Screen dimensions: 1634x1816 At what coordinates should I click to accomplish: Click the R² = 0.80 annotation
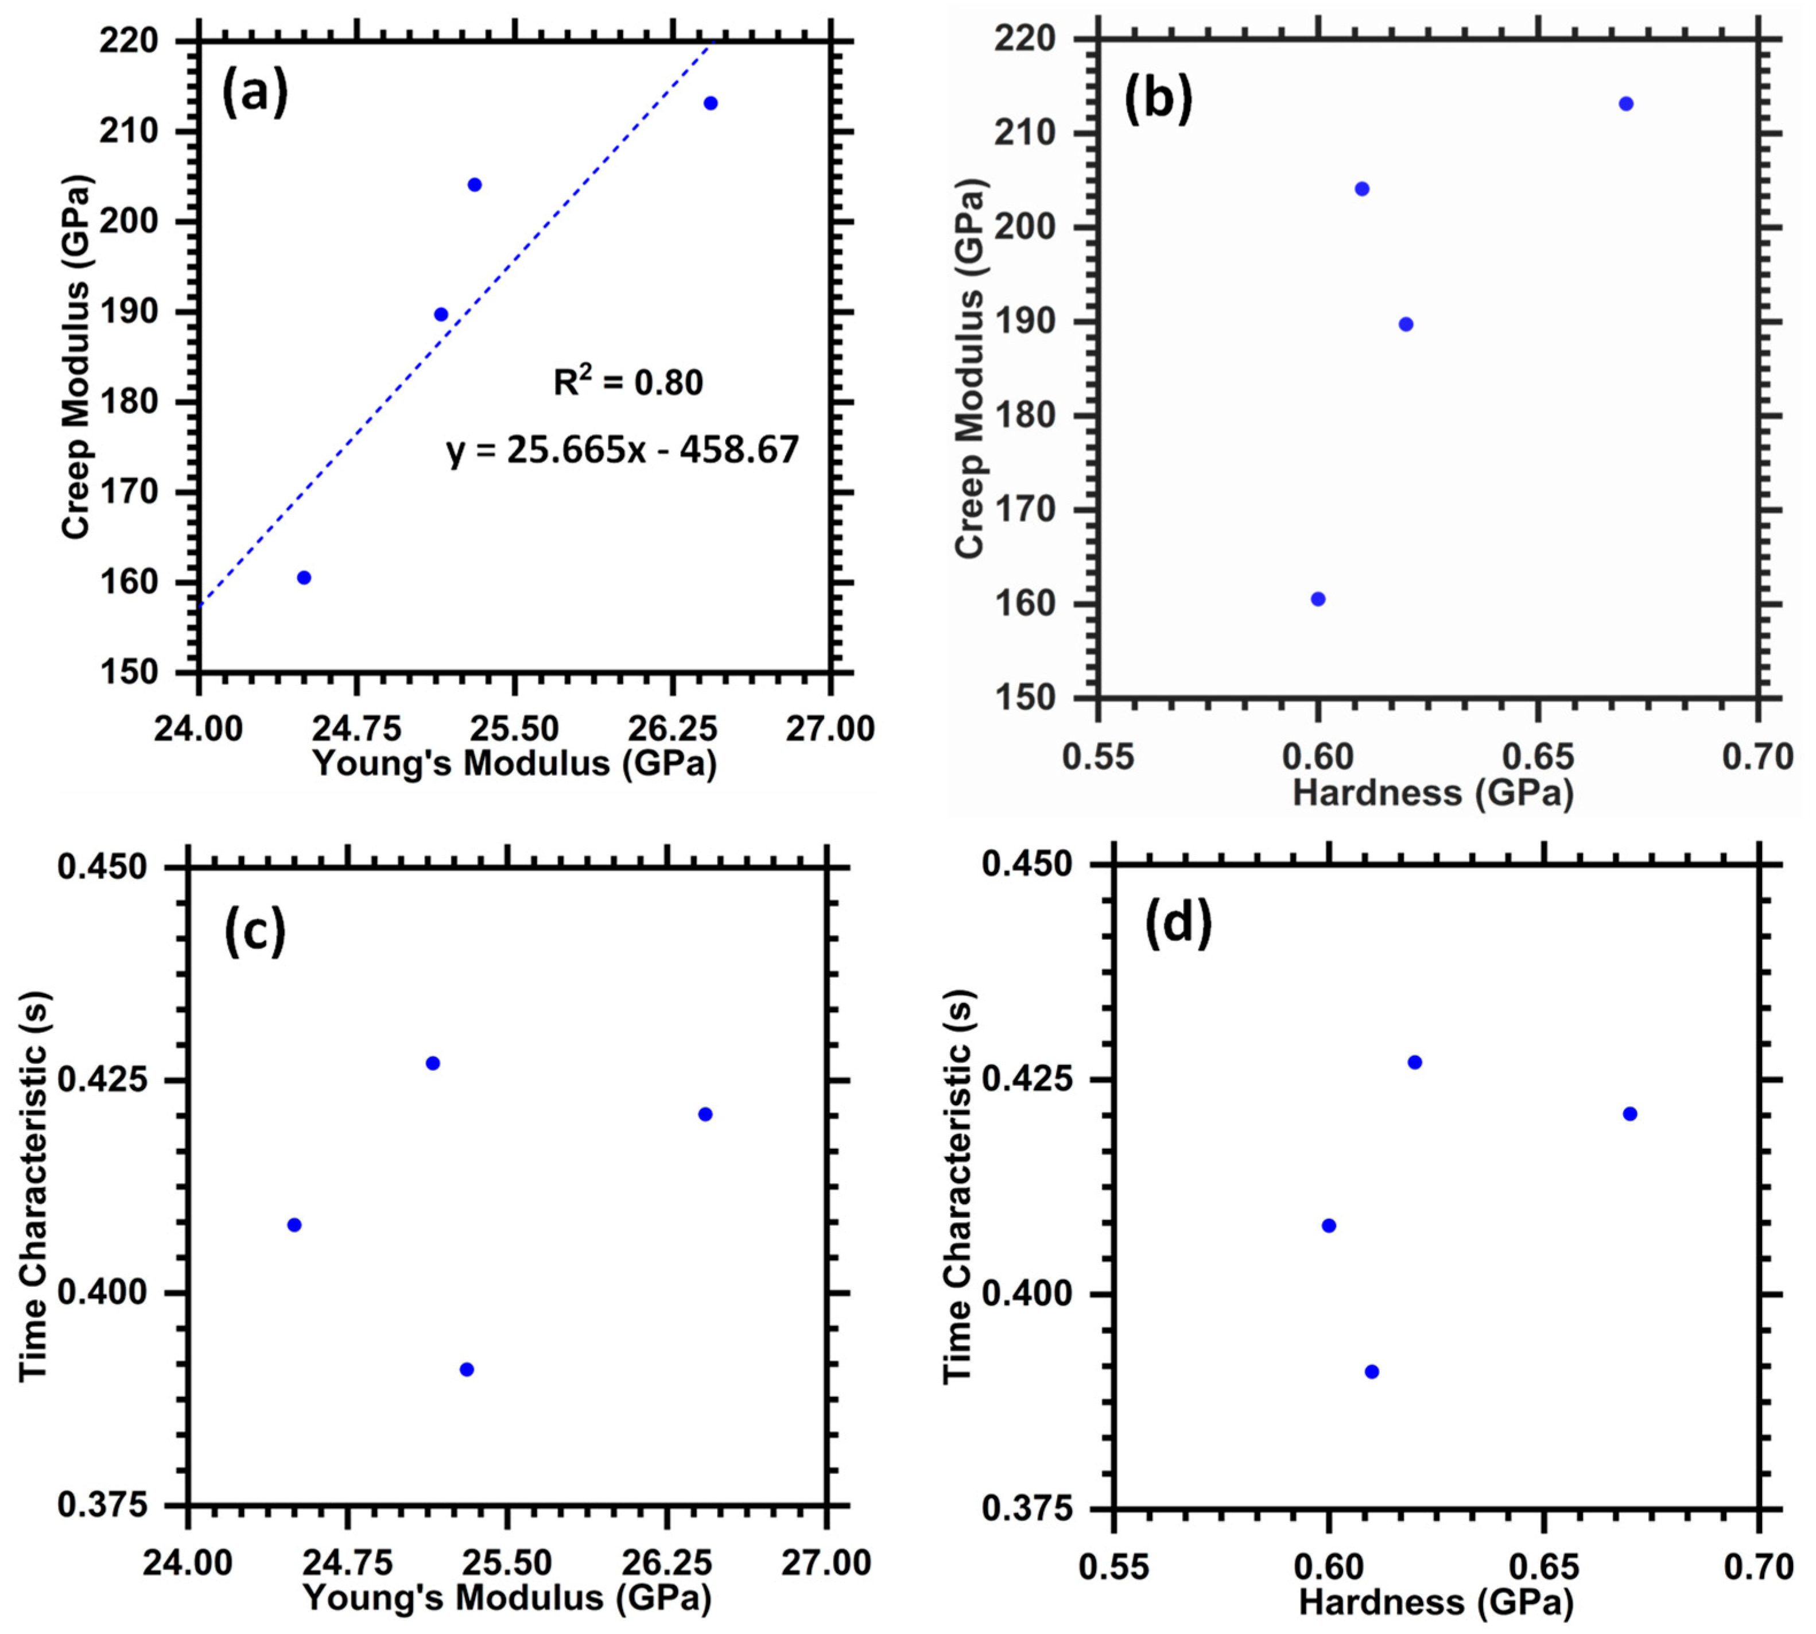(x=627, y=382)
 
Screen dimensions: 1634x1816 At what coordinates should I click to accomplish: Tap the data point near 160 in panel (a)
(x=304, y=577)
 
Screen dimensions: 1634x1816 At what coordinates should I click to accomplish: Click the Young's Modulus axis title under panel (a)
(x=514, y=763)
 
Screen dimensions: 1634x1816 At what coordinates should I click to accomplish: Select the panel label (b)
(x=1158, y=99)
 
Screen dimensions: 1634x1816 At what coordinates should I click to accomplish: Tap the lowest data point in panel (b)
(x=1318, y=599)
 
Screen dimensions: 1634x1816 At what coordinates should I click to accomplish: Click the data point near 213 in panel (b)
(x=1625, y=104)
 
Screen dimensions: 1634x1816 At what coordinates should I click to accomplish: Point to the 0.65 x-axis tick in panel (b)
(x=1538, y=756)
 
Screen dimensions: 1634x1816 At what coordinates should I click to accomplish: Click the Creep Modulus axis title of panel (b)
(x=971, y=368)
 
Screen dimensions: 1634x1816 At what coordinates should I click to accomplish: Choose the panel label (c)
(x=254, y=931)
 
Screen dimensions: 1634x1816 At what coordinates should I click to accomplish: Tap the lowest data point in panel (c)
(x=467, y=1369)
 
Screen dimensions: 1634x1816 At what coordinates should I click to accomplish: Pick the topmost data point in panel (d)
(x=1415, y=1062)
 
